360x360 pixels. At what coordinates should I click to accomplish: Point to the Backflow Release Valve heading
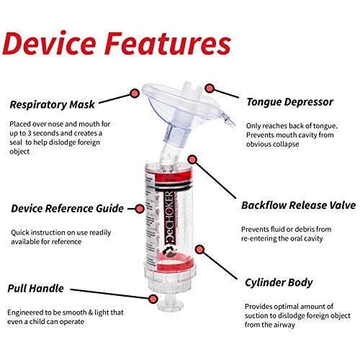pos(298,205)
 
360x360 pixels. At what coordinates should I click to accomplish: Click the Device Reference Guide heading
pos(73,209)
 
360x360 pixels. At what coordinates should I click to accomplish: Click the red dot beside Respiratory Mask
pos(134,93)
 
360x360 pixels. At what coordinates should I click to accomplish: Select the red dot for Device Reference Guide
pos(140,209)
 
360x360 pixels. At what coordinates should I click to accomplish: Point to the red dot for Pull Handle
pos(153,297)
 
